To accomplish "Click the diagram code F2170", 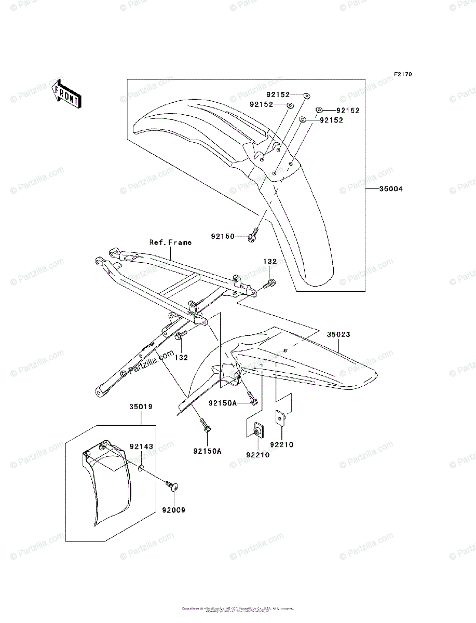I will [x=402, y=75].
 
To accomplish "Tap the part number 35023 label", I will [x=338, y=335].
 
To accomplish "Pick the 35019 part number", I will [x=141, y=407].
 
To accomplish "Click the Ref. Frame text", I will [x=170, y=242].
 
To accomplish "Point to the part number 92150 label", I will [x=223, y=236].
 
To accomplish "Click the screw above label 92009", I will [x=171, y=485].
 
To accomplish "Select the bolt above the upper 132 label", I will [x=270, y=283].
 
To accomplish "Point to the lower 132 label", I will [x=181, y=358].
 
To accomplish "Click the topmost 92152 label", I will [x=279, y=94].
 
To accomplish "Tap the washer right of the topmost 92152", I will [x=307, y=96].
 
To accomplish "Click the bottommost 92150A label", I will [x=208, y=451].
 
